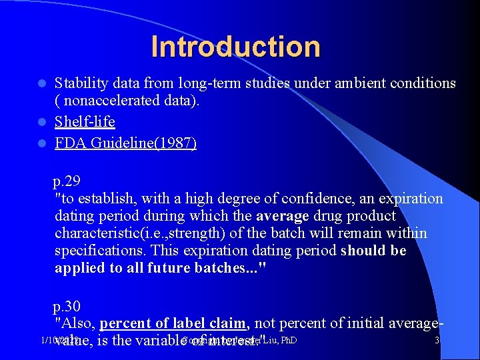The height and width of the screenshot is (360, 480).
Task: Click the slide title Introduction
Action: [x=235, y=47]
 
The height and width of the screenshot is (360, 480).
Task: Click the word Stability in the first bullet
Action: [x=79, y=83]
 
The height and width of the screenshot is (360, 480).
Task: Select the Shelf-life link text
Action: [x=85, y=122]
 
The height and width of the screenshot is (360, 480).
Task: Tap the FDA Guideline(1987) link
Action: [x=125, y=143]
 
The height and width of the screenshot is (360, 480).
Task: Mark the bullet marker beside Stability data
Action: [x=41, y=84]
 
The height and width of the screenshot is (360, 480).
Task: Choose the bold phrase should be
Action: [x=373, y=251]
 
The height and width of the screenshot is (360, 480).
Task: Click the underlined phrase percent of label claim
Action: [x=173, y=323]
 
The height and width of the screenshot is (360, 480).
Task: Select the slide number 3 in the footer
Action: [x=437, y=341]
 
